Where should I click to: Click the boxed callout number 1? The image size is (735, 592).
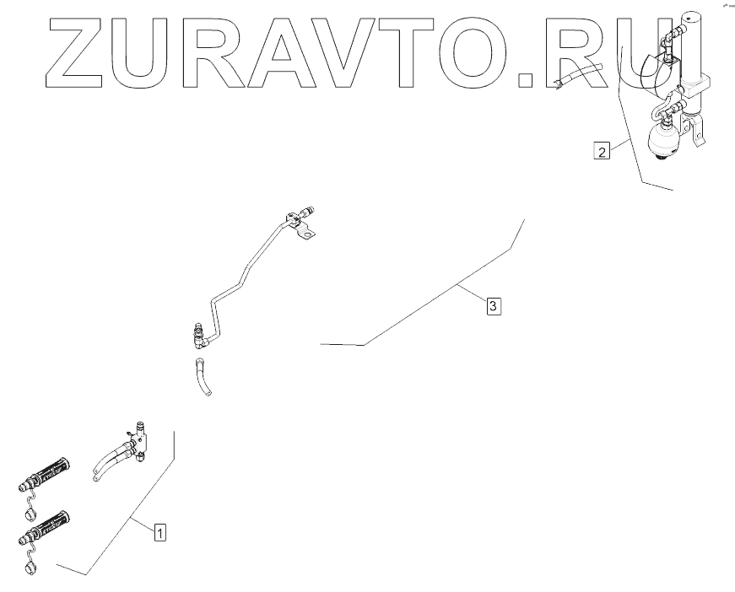[159, 532]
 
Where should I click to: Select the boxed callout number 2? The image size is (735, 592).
[601, 152]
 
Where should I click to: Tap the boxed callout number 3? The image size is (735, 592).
[495, 304]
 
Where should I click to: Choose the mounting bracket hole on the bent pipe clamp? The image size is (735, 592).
[311, 234]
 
